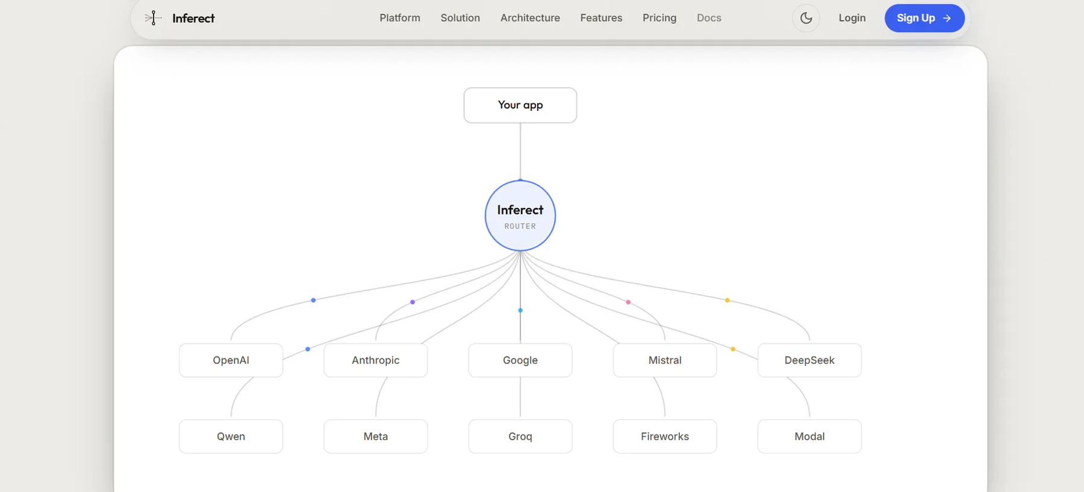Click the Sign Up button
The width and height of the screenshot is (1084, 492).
(924, 18)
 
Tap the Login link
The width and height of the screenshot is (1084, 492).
(852, 18)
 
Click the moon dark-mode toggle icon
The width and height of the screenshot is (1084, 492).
(806, 18)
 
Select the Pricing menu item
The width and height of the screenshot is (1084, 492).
(659, 18)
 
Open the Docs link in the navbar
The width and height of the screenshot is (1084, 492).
(709, 18)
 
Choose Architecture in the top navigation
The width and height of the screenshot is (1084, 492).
(530, 18)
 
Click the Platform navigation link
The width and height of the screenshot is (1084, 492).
(400, 18)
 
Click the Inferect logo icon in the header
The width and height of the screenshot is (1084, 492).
(153, 18)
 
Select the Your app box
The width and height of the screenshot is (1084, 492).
(520, 105)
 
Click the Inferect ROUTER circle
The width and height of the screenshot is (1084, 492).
(520, 216)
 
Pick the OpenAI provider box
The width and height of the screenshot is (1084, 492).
(231, 360)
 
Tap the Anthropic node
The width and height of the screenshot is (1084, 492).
(376, 360)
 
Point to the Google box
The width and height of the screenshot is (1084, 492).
(520, 360)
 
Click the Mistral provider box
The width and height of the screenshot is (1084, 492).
(665, 360)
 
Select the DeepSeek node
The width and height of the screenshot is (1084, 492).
(809, 360)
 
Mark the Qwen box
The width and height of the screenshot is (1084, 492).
(231, 437)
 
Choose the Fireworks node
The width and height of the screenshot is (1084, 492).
(665, 437)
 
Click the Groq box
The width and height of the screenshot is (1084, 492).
(520, 437)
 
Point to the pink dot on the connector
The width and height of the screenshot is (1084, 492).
(628, 302)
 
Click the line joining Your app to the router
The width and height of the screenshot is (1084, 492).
(520, 152)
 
